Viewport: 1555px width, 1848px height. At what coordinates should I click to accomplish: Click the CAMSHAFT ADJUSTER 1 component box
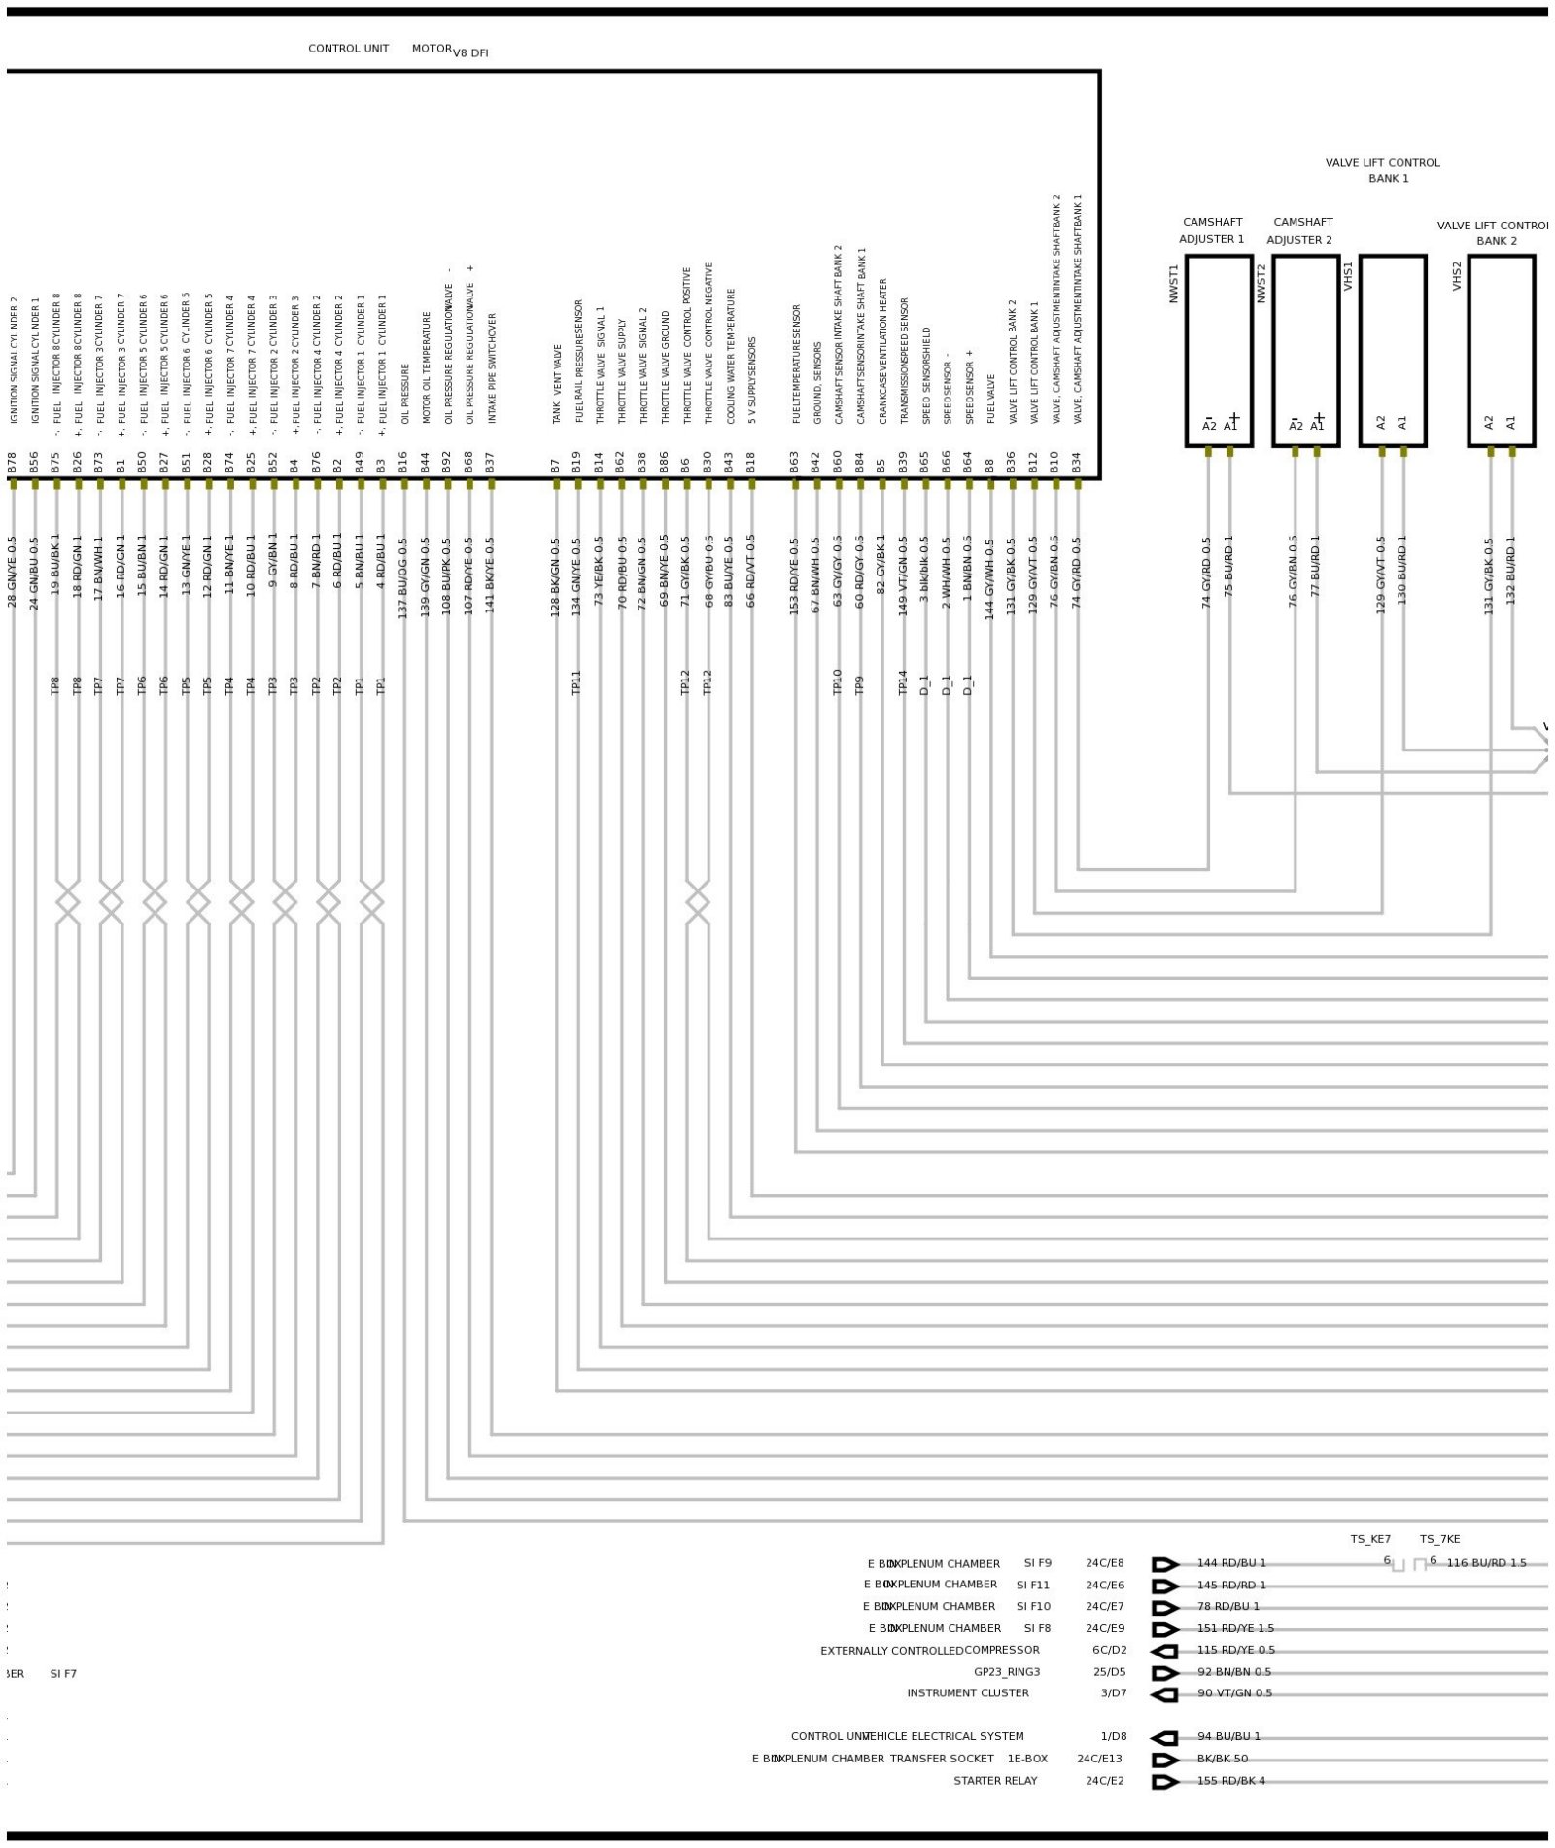click(1218, 350)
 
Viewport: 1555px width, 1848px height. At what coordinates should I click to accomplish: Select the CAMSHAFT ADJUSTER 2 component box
click(1305, 350)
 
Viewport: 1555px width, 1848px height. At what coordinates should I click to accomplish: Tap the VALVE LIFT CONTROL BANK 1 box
click(1392, 350)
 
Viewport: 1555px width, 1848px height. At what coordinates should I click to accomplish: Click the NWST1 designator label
click(1173, 284)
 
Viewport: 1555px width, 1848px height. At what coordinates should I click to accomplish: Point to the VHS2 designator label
click(1456, 275)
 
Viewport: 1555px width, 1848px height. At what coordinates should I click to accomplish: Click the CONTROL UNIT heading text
click(348, 49)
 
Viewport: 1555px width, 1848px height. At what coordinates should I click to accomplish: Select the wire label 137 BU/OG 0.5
click(403, 578)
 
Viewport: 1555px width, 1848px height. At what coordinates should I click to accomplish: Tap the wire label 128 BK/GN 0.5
click(556, 578)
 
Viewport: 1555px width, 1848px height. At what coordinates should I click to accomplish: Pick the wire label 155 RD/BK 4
click(1230, 1781)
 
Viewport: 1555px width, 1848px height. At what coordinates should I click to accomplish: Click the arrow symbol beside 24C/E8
click(1164, 1564)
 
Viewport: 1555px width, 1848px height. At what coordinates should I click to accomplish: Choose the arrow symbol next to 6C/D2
click(1164, 1651)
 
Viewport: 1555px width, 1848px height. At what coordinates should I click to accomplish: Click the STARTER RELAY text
click(994, 1781)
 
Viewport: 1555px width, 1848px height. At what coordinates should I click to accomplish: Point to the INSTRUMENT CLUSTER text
click(967, 1693)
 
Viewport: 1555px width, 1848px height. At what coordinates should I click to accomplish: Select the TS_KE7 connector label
click(1369, 1539)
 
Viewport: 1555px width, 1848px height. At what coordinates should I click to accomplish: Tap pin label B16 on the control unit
click(403, 462)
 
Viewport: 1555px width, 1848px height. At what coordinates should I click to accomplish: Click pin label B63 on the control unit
click(794, 462)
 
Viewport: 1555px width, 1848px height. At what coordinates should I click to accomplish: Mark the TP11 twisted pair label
click(576, 682)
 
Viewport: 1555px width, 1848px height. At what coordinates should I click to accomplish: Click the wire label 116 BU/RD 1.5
click(1486, 1563)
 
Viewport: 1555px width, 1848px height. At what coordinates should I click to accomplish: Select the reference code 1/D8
click(1113, 1736)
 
